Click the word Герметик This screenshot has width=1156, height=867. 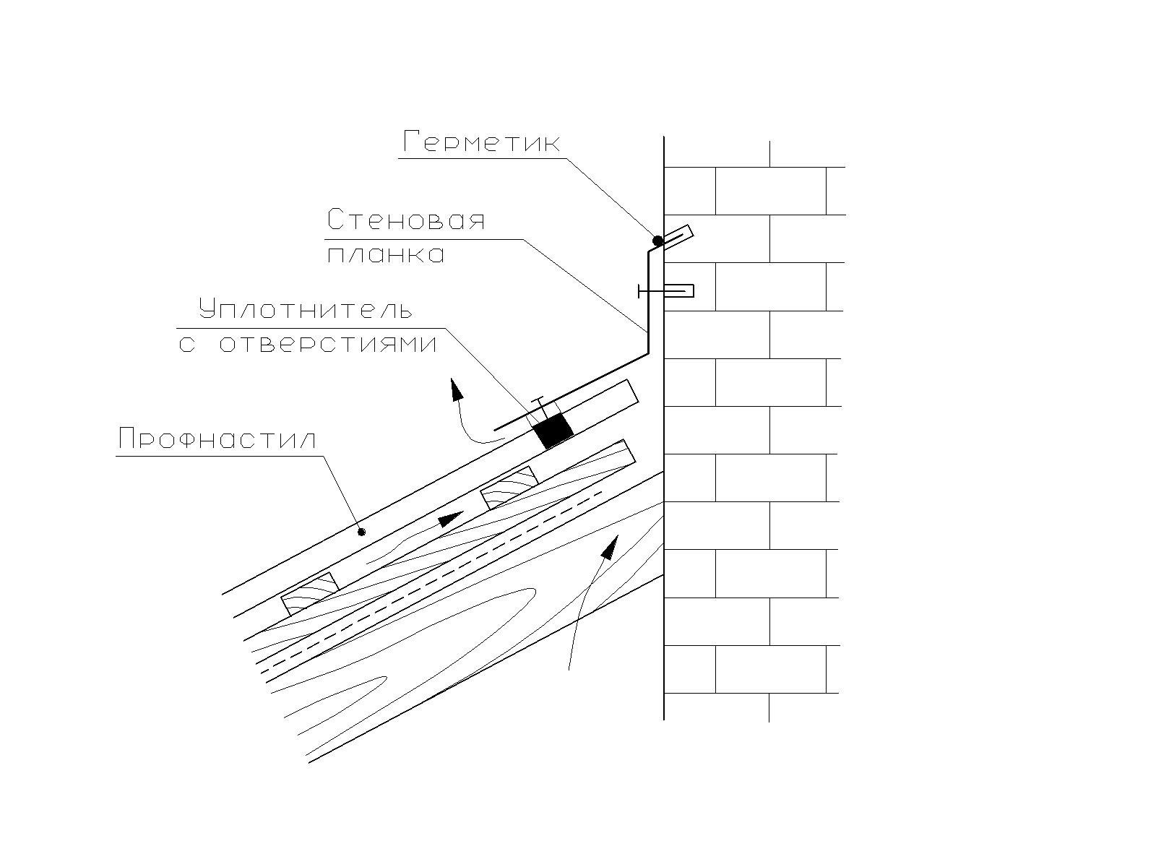[x=481, y=142]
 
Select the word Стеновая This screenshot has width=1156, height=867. [x=405, y=220]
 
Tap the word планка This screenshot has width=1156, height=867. [x=386, y=255]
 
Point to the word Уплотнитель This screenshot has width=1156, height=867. [x=306, y=310]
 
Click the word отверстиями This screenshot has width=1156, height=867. [x=328, y=344]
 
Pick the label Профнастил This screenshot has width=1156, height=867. [x=217, y=439]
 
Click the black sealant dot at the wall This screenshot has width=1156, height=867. [x=657, y=241]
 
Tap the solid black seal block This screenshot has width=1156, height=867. [x=553, y=431]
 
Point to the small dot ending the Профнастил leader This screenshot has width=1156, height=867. [x=362, y=532]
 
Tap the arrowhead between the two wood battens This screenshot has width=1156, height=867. [x=451, y=518]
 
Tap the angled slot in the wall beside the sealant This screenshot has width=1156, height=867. [x=678, y=236]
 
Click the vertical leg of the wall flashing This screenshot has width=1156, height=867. [x=648, y=303]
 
